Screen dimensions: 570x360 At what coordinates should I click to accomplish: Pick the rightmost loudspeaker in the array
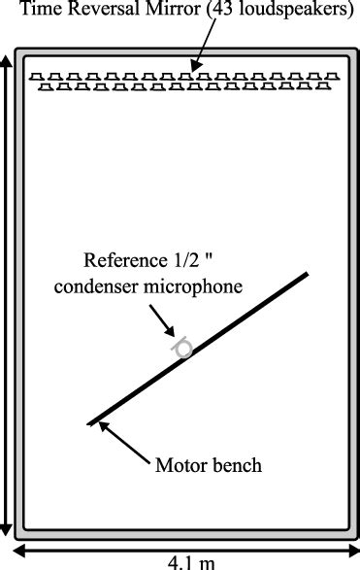pos(338,78)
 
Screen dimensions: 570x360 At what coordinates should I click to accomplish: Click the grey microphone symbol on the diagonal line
pos(182,348)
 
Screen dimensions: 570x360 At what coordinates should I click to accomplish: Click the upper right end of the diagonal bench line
pos(308,274)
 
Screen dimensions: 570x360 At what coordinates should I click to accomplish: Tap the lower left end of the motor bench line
pos(90,423)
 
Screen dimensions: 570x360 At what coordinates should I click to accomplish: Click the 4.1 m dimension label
pos(180,560)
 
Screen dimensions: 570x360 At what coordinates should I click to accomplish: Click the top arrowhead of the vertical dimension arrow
pos(8,60)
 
